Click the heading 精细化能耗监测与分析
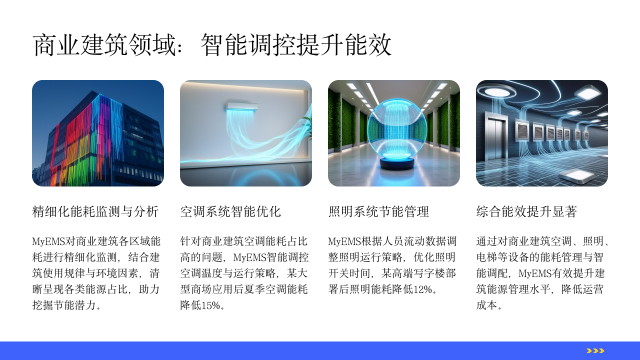[95, 212]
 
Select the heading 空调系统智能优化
[231, 212]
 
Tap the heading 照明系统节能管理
[379, 212]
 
